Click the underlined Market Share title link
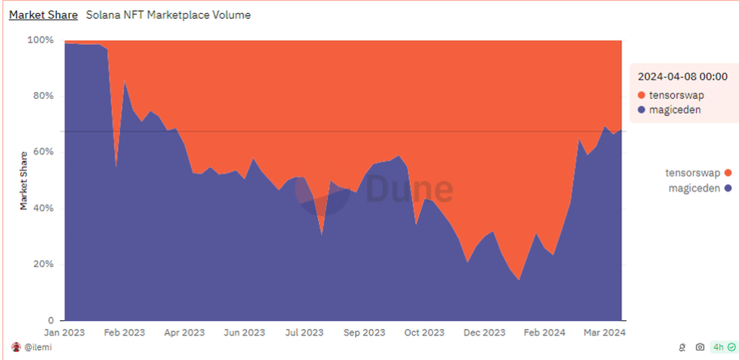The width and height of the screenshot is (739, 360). click(x=43, y=14)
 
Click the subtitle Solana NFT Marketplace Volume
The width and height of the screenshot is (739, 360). click(x=168, y=14)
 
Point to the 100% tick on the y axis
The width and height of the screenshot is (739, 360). click(x=40, y=40)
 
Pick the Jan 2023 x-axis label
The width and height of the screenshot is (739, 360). click(x=65, y=333)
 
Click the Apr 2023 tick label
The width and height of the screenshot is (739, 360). click(x=184, y=333)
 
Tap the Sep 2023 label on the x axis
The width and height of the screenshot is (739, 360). click(x=364, y=333)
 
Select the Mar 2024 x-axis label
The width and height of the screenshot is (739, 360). click(x=603, y=333)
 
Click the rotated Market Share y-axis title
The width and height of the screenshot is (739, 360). click(x=23, y=180)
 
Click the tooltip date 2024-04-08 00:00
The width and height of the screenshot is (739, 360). click(x=683, y=76)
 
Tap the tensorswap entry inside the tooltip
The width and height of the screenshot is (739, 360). click(x=675, y=95)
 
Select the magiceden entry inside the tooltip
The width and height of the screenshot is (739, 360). click(x=674, y=110)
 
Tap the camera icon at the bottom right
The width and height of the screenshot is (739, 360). click(x=699, y=347)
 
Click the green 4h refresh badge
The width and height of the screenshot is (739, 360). click(x=723, y=347)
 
